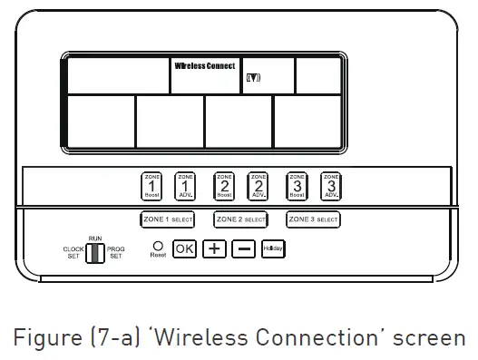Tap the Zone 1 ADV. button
[x=185, y=186]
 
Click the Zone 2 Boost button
[x=225, y=186]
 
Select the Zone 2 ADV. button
[x=259, y=186]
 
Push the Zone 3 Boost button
[x=298, y=186]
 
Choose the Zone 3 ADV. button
[x=331, y=186]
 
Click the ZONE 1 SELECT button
[x=167, y=219]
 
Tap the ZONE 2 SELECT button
[x=240, y=219]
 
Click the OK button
[x=184, y=248]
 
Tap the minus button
[x=243, y=248]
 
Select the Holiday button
[x=273, y=248]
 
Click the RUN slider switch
[x=94, y=252]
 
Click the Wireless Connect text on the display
[x=205, y=66]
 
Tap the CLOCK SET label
[x=73, y=252]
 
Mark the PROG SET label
[x=116, y=252]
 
